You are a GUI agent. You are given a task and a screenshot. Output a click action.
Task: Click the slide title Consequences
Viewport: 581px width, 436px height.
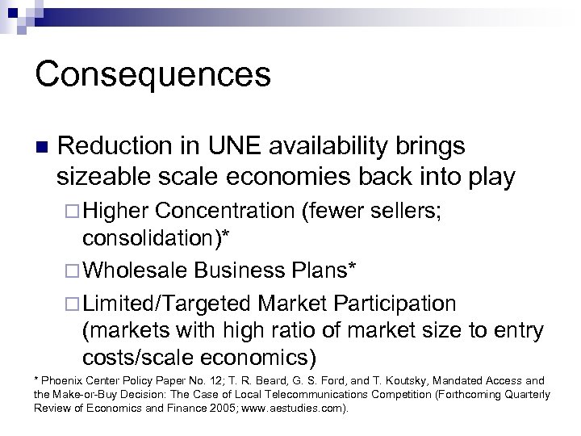(153, 74)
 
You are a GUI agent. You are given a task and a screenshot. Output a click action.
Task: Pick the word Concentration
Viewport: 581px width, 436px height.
(224, 212)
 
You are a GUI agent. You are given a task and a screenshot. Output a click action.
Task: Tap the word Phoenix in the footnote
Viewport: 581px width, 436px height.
(65, 380)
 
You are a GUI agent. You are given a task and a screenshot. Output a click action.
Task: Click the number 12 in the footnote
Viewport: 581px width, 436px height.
(203, 380)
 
